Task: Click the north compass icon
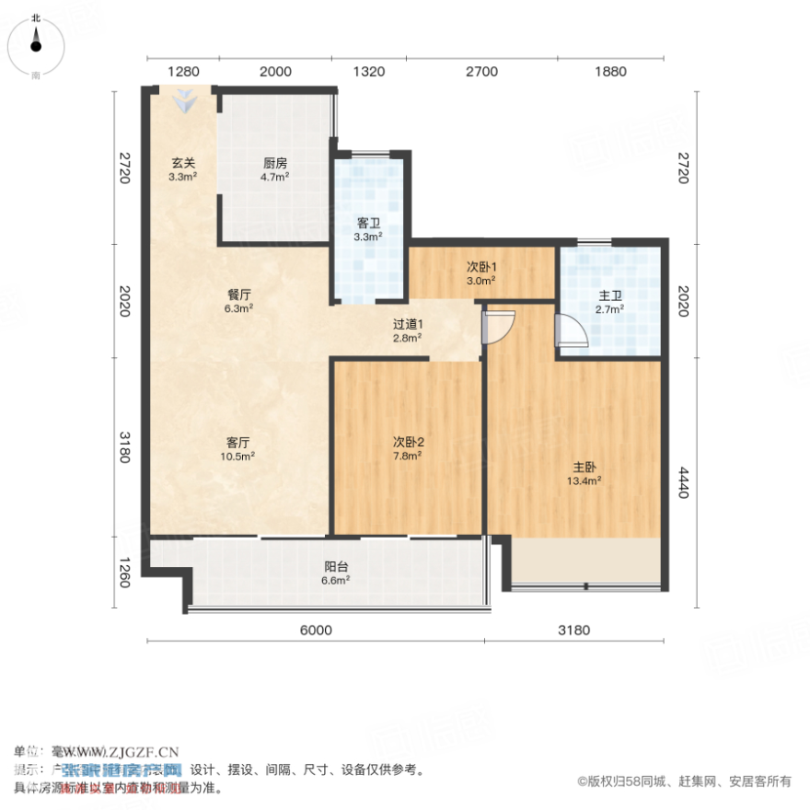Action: point(35,44)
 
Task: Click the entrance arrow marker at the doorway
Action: point(186,101)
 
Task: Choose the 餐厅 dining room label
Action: point(238,301)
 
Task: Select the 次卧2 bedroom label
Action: point(408,447)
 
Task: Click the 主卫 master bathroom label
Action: point(610,302)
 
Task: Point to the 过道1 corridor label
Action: point(408,330)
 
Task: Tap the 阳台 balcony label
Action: point(335,573)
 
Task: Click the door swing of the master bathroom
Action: point(568,328)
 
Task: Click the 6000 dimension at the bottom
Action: point(315,631)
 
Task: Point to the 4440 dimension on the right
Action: point(682,481)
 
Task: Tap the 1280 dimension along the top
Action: point(183,72)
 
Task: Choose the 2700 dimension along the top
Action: point(480,72)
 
